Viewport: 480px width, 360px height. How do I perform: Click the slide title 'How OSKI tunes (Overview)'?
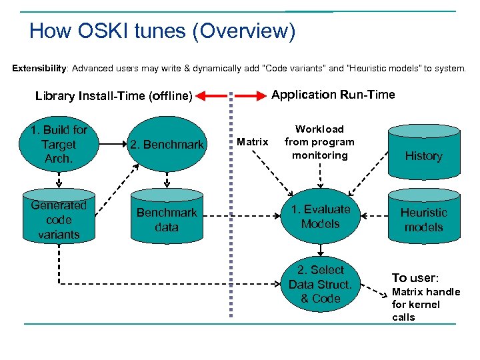pyautogui.click(x=162, y=31)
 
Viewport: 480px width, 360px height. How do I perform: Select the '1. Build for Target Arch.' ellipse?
pyautogui.click(x=59, y=144)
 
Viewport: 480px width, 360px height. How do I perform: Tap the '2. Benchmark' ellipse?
pyautogui.click(x=166, y=144)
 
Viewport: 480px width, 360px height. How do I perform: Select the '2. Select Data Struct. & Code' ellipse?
pyautogui.click(x=320, y=284)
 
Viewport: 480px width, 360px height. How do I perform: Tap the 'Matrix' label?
pyautogui.click(x=253, y=142)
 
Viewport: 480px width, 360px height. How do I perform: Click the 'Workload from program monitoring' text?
pyautogui.click(x=319, y=142)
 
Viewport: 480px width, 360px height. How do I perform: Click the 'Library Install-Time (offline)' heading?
pyautogui.click(x=113, y=96)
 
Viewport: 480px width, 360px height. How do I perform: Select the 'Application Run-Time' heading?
pyautogui.click(x=333, y=95)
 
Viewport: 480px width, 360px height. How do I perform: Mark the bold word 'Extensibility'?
pyautogui.click(x=39, y=68)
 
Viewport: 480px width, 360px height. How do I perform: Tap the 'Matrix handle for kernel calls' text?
pyautogui.click(x=425, y=305)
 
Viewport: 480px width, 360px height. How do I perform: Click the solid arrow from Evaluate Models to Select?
pyautogui.click(x=320, y=249)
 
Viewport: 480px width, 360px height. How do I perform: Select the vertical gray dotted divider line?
pyautogui.click(x=231, y=213)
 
